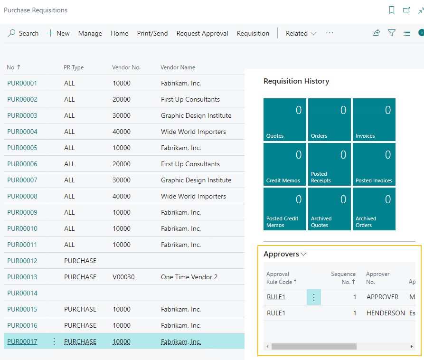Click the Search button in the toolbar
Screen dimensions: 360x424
[23, 33]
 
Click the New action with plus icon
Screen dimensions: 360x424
[58, 33]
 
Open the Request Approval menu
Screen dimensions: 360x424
[202, 33]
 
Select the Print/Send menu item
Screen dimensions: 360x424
[152, 33]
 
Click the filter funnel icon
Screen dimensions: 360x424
[392, 33]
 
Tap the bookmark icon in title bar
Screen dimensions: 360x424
[392, 10]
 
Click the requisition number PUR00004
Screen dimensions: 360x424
[22, 132]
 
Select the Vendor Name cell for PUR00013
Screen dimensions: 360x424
[189, 277]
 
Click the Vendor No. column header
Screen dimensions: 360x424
[126, 67]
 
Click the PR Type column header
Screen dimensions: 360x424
[74, 67]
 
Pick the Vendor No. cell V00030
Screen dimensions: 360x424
[122, 277]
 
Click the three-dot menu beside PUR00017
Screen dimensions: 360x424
[54, 341]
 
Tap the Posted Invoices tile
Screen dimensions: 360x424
[374, 164]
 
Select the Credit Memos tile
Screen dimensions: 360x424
[285, 164]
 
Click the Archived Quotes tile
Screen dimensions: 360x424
[330, 208]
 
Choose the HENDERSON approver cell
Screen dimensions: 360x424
[386, 313]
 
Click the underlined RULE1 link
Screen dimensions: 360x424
[276, 297]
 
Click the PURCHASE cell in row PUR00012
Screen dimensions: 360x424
[80, 261]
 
